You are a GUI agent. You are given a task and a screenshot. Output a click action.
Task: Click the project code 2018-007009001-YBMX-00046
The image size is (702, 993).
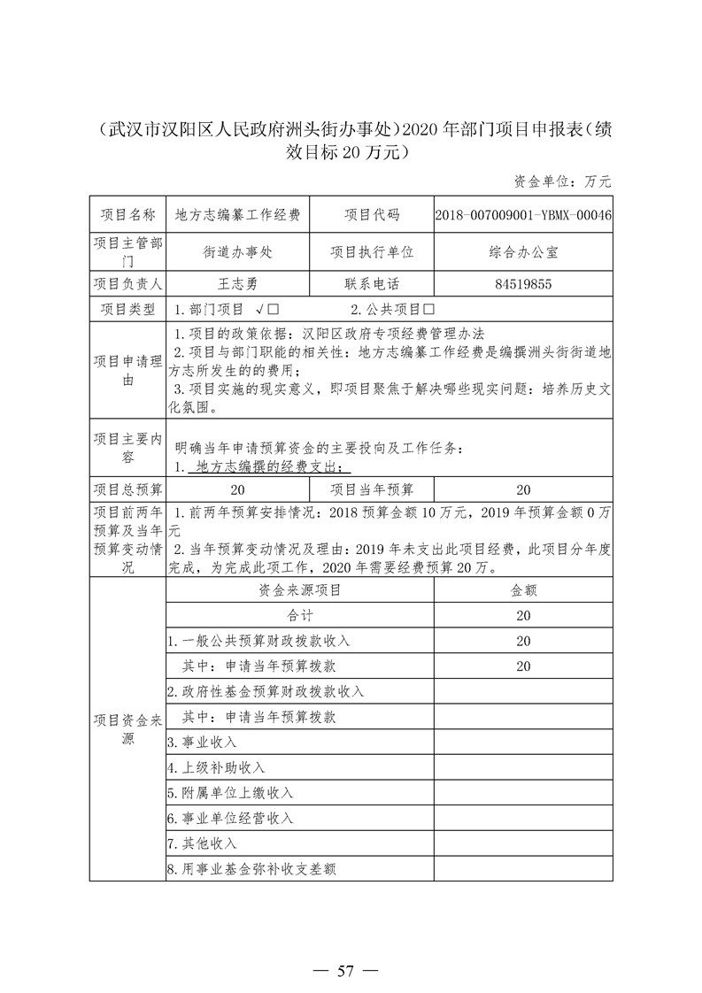[x=523, y=215]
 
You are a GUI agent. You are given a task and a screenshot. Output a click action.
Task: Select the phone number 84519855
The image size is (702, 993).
[x=523, y=284]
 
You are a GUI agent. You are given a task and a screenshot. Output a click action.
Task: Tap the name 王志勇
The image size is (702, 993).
[x=237, y=284]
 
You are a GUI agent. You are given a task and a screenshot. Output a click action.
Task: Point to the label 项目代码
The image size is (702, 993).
[x=372, y=215]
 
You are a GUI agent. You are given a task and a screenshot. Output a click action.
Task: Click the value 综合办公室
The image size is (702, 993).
[x=523, y=251]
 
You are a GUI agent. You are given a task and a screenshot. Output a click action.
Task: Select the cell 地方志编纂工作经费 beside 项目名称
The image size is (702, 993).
[x=237, y=215]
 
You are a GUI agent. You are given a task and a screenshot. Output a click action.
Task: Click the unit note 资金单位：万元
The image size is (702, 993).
[x=562, y=181]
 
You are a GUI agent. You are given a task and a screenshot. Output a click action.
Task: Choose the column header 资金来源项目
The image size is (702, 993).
[x=300, y=589]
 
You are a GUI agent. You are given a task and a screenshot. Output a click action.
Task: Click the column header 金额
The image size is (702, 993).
[x=523, y=589]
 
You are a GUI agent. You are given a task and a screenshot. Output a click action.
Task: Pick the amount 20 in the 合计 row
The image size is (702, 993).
[x=523, y=615]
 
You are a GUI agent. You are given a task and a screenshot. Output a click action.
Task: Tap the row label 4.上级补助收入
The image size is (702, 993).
[x=216, y=767]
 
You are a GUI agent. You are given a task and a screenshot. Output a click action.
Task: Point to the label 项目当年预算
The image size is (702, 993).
[x=372, y=489]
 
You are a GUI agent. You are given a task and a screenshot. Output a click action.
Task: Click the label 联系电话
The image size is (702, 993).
[x=372, y=284]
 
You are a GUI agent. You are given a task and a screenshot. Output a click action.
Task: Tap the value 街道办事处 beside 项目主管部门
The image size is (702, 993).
[x=237, y=251]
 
